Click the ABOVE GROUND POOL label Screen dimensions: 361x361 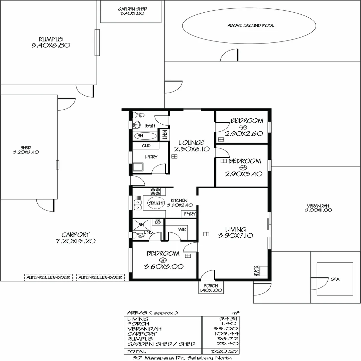pos(251,25)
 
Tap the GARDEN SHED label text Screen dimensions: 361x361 pos(133,9)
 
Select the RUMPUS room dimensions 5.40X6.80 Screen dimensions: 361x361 pos(50,45)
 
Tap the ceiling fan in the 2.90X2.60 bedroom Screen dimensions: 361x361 pos(243,127)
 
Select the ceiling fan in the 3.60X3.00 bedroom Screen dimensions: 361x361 pos(163,260)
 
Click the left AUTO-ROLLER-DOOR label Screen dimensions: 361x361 pos(48,277)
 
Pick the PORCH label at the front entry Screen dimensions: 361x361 pos(211,286)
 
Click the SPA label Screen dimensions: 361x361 pos(335,279)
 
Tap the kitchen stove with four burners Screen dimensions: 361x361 pos(155,192)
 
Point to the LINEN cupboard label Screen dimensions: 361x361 pos(164,135)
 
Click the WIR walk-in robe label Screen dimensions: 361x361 pos(182,230)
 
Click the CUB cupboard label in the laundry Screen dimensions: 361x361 pos(146,146)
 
